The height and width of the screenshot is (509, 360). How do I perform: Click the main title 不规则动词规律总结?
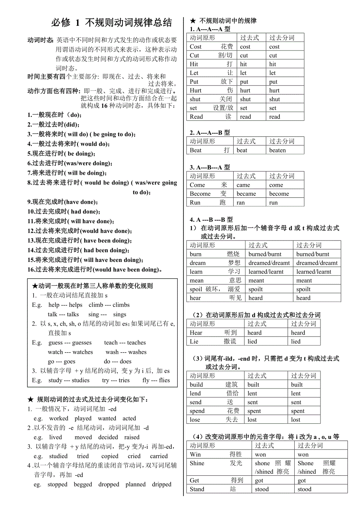click(112, 23)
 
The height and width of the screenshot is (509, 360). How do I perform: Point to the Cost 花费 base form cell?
click(211, 47)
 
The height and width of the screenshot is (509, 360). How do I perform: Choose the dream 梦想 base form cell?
click(215, 263)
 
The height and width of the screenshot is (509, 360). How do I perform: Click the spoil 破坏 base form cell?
click(215, 289)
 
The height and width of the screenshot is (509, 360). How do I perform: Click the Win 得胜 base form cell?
click(216, 454)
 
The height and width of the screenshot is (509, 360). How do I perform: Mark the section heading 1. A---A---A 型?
click(210, 29)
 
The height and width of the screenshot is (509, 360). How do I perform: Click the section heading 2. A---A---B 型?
click(210, 133)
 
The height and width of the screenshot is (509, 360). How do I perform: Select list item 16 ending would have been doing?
click(95, 269)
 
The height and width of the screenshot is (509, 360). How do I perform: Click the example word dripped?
click(162, 484)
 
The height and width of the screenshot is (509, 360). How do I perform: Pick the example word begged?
click(83, 484)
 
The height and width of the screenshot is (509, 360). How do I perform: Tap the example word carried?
click(158, 456)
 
